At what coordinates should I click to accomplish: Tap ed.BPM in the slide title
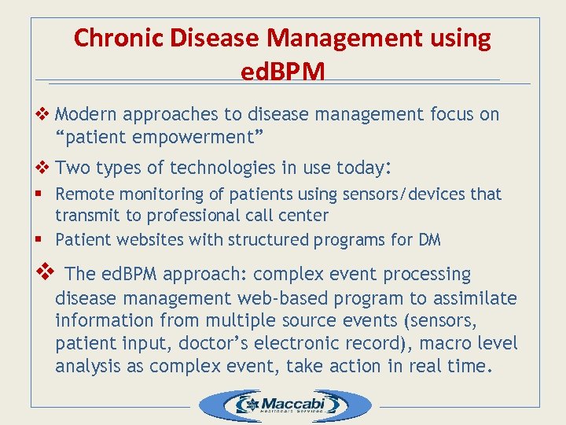[x=283, y=72]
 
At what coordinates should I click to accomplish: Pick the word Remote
[x=83, y=194]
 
